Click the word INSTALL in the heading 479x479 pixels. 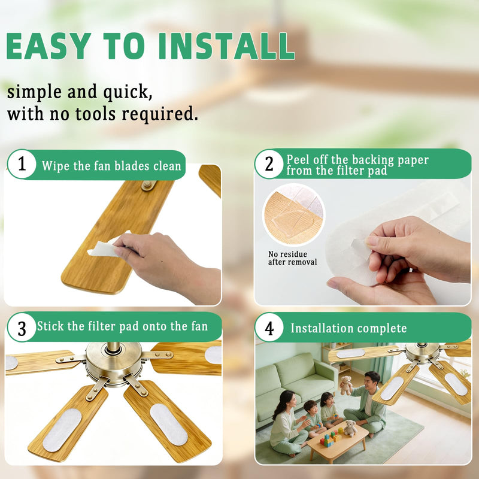coord(227,46)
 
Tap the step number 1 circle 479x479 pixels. coord(22,164)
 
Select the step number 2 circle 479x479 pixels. coord(269,164)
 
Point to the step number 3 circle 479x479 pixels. coord(22,328)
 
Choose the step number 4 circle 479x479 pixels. coord(269,328)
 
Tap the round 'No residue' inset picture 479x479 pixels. coord(293,215)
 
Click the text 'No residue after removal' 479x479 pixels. coord(292,258)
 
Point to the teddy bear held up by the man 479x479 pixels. coord(345,385)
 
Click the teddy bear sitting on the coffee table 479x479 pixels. coord(350,428)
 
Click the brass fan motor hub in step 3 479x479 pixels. coord(114,362)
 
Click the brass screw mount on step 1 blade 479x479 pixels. coord(148,184)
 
